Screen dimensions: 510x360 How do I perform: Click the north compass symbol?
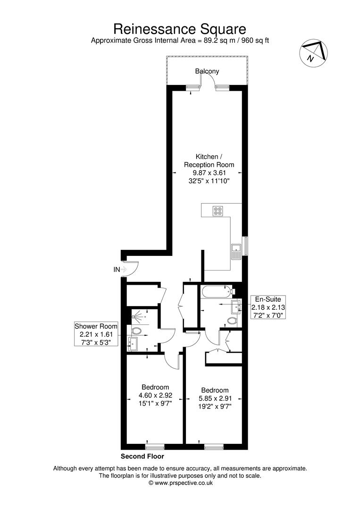pos(312,52)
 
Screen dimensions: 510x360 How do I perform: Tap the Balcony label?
pos(207,71)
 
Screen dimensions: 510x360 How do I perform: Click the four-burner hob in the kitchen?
pos(218,211)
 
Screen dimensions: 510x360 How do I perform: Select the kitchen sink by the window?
pos(235,250)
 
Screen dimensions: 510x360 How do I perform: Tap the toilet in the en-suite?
pos(232,321)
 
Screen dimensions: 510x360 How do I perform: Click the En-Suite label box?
pos(268,307)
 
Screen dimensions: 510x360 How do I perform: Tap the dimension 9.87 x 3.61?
pos(208,173)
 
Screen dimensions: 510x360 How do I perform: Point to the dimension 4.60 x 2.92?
pos(155,396)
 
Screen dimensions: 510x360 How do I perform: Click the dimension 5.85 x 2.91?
pos(215,398)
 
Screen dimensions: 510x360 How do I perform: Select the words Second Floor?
pos(142,457)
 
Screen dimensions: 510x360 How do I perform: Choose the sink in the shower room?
pos(133,343)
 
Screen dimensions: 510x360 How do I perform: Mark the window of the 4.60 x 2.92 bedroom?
pos(155,446)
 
